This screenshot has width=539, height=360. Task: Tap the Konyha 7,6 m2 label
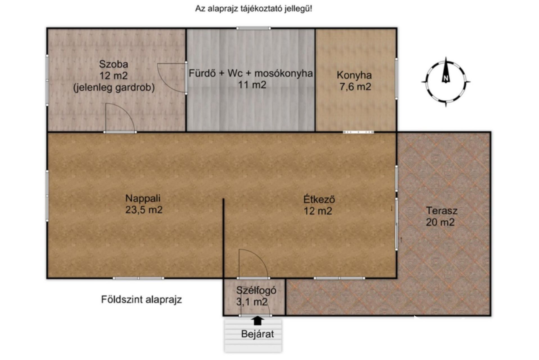[354, 81]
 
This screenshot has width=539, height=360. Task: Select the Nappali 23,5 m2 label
[144, 204]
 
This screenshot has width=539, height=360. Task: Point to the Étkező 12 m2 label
[319, 205]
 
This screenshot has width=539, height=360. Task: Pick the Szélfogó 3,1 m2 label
[256, 296]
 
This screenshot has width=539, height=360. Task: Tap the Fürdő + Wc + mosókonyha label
[250, 79]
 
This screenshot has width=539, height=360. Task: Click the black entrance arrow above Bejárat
[257, 321]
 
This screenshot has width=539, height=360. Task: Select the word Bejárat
[257, 334]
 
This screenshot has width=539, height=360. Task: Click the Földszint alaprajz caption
[141, 300]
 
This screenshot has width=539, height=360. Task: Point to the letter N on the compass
[445, 78]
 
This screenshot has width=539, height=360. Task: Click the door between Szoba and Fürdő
[172, 78]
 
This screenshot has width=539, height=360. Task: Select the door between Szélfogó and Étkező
[253, 264]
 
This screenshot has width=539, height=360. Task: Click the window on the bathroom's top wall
[253, 28]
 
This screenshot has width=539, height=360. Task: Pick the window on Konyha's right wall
[396, 79]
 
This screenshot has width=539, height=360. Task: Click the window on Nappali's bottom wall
[139, 278]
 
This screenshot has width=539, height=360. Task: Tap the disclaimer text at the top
[253, 9]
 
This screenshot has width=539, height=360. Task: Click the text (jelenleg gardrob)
[114, 88]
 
